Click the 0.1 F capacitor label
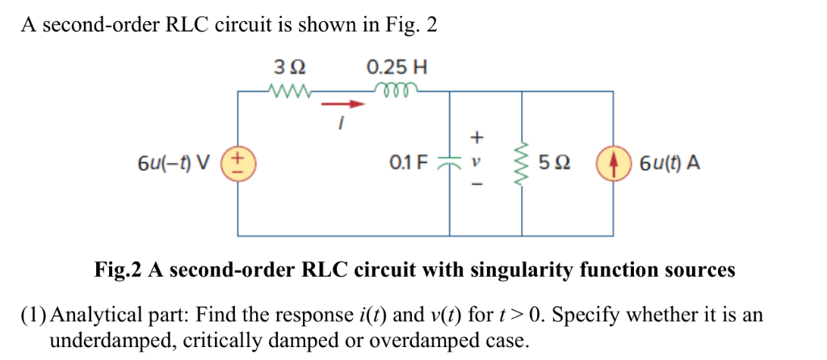point(408,164)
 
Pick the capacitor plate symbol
point(449,164)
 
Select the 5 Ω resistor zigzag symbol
point(522,164)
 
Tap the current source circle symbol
point(613,164)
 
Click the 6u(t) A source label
point(668,164)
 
